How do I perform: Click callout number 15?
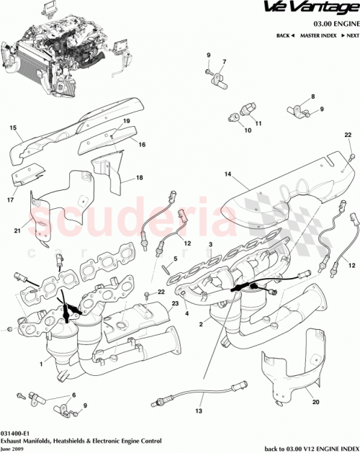click(12, 129)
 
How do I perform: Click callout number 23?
click(175, 304)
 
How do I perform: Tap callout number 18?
click(139, 177)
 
